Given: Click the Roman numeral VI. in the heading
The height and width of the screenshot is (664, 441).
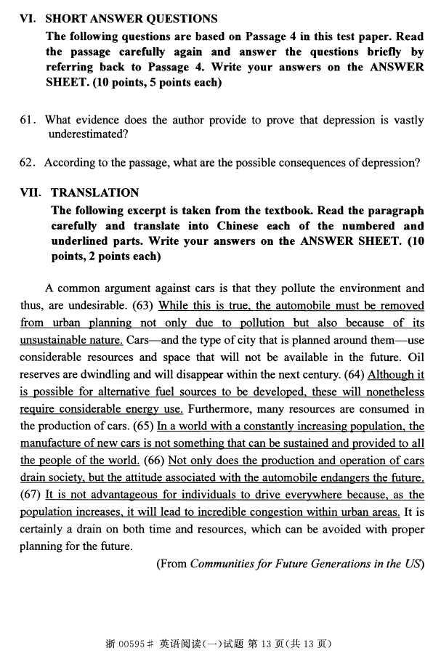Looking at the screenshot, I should pos(28,19).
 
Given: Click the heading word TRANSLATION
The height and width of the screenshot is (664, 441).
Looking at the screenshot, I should pos(94,193).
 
